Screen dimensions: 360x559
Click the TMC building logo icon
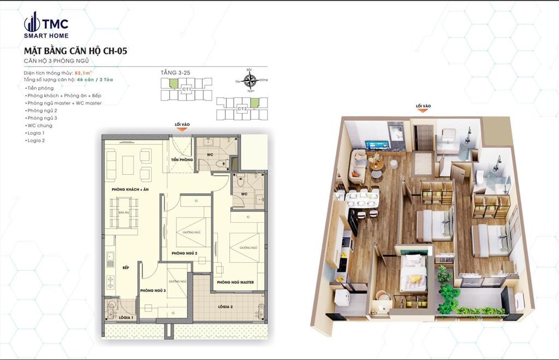32,22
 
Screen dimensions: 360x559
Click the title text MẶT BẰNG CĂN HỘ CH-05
76,51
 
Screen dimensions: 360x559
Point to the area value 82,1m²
84,73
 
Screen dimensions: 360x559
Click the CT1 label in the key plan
187,88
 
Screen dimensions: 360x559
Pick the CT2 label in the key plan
242,108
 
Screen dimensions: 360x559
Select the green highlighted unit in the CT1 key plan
173,83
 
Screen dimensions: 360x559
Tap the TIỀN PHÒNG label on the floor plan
181,160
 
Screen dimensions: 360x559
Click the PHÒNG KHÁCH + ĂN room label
130,189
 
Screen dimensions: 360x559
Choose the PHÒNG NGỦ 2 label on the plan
183,253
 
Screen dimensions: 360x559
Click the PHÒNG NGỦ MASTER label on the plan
235,282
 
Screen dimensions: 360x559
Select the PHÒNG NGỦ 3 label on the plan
152,291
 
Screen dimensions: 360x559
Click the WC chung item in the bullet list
40,126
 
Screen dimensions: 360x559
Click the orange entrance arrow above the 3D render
423,111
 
